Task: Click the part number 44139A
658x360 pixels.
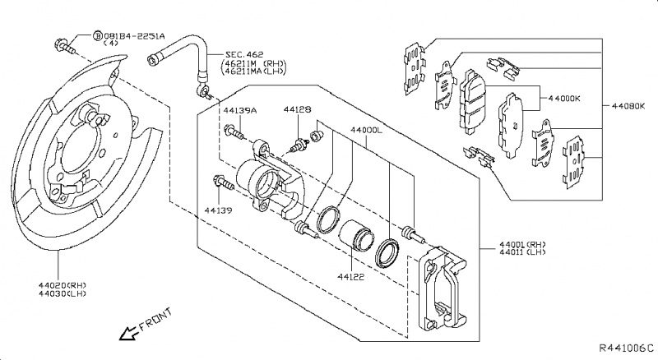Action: point(239,109)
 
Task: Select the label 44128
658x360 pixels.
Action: point(297,109)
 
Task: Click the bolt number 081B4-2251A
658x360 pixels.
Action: point(135,35)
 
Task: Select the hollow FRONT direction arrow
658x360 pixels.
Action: point(128,332)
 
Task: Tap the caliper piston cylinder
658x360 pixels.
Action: point(359,236)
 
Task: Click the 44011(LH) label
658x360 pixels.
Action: point(523,255)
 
